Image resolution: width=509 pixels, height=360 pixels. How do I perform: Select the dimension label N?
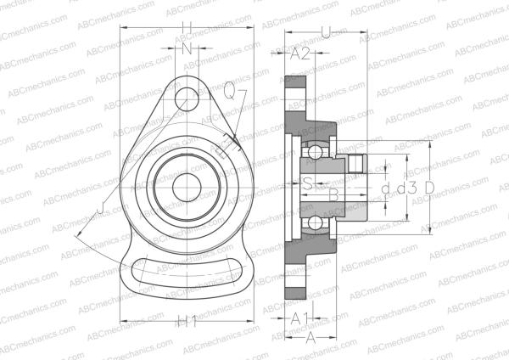pyautogui.click(x=187, y=49)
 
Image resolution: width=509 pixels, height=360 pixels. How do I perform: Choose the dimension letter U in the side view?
pyautogui.click(x=327, y=33)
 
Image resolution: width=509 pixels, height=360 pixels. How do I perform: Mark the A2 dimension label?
pyautogui.click(x=300, y=54)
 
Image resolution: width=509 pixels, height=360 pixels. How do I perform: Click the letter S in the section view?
pyautogui.click(x=310, y=183)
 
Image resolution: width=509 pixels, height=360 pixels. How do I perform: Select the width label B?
pyautogui.click(x=334, y=196)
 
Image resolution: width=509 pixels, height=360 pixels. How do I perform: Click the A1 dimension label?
pyautogui.click(x=299, y=318)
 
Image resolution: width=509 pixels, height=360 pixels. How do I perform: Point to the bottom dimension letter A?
pyautogui.click(x=310, y=336)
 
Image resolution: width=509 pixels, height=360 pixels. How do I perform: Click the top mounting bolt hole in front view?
pyautogui.click(x=187, y=98)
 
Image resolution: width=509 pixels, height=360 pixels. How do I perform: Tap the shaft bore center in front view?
pyautogui.click(x=187, y=187)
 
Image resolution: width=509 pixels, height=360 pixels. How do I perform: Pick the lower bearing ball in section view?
pyautogui.click(x=315, y=222)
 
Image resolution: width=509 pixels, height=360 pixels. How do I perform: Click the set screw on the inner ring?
pyautogui.click(x=357, y=164)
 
